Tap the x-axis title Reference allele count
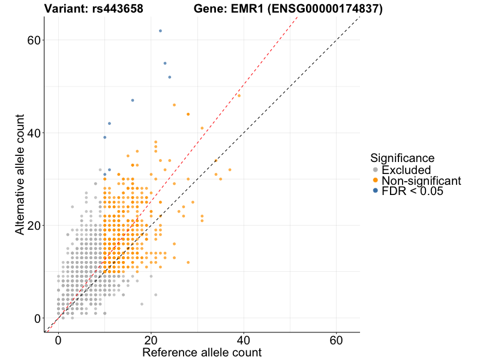pyautogui.click(x=202, y=352)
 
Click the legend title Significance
pyautogui.click(x=402, y=158)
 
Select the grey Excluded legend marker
pyautogui.click(x=376, y=170)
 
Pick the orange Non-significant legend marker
pyautogui.click(x=376, y=181)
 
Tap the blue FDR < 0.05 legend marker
pyautogui.click(x=376, y=191)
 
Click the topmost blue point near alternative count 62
pyautogui.click(x=160, y=31)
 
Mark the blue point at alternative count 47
pyautogui.click(x=133, y=100)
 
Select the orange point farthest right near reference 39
pyautogui.click(x=239, y=95)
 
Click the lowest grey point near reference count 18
pyautogui.click(x=142, y=304)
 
